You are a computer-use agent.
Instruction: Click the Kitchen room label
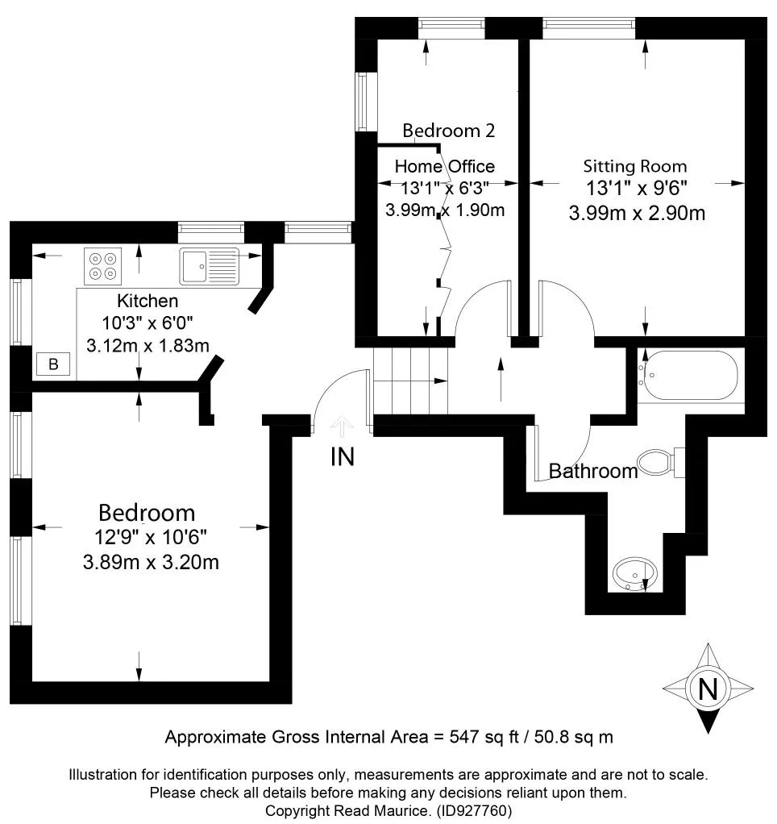pos(148,301)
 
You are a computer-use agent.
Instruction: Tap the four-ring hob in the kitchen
pos(103,266)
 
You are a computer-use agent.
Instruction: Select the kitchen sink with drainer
pos(209,266)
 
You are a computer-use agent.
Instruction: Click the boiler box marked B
pos(53,364)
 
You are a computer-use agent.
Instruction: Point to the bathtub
pos(688,375)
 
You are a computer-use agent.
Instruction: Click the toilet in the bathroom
pos(660,463)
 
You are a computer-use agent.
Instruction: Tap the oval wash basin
pos(635,574)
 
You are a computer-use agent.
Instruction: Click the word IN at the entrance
pos(343,456)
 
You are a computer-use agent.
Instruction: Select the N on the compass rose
pos(708,689)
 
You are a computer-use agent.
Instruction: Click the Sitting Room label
pos(635,167)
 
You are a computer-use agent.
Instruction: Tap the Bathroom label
pos(593,471)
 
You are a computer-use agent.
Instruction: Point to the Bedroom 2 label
pos(449,131)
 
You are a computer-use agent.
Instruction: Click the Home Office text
pos(444,167)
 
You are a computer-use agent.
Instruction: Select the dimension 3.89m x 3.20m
pos(151,562)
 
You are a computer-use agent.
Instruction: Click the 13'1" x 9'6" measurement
pos(637,188)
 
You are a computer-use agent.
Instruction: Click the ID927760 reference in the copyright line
pos(474,810)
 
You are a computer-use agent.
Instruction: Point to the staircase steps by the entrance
pos(410,381)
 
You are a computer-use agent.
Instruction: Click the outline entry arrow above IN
pos(342,427)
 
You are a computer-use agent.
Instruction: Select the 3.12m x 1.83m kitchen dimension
pos(148,345)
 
